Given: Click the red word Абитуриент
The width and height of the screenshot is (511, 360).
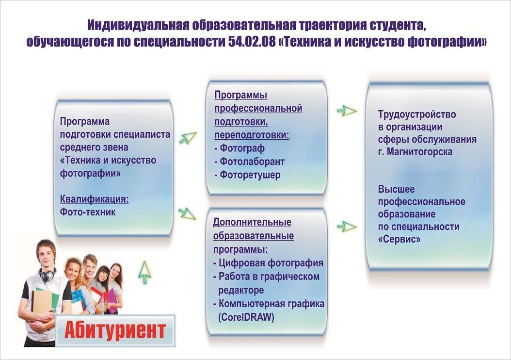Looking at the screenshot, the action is pyautogui.click(x=115, y=331).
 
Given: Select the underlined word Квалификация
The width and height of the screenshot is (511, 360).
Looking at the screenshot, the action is pyautogui.click(x=94, y=198).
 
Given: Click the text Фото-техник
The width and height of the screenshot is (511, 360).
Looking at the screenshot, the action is pyautogui.click(x=88, y=212).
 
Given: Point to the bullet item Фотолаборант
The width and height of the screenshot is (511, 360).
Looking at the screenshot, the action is pyautogui.click(x=249, y=162).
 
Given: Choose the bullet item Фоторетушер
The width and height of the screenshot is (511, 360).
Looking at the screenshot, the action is pyautogui.click(x=247, y=175).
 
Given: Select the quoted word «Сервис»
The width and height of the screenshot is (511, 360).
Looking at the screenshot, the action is pyautogui.click(x=399, y=239).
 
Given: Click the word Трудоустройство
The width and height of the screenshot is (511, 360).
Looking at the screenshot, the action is pyautogui.click(x=417, y=115).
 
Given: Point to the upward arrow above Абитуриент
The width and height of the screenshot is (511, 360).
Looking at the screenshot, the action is pyautogui.click(x=144, y=272).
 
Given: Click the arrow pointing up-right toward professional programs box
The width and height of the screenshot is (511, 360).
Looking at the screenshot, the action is pyautogui.click(x=188, y=137).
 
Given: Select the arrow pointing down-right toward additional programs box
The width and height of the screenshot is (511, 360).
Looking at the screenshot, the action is pyautogui.click(x=187, y=213).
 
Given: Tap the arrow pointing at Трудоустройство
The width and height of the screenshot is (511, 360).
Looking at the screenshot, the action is pyautogui.click(x=347, y=111).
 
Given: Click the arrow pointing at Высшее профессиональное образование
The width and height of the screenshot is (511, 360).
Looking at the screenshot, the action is pyautogui.click(x=347, y=226).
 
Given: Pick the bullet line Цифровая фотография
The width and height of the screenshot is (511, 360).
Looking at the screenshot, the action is pyautogui.click(x=268, y=263).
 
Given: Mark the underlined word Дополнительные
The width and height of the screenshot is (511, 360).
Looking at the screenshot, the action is pyautogui.click(x=252, y=222).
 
